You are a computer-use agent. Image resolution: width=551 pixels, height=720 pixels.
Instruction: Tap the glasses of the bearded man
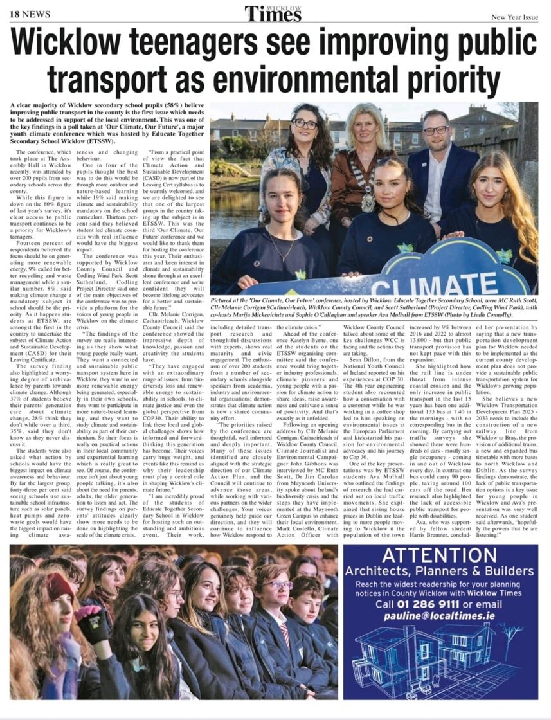click(437, 130)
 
